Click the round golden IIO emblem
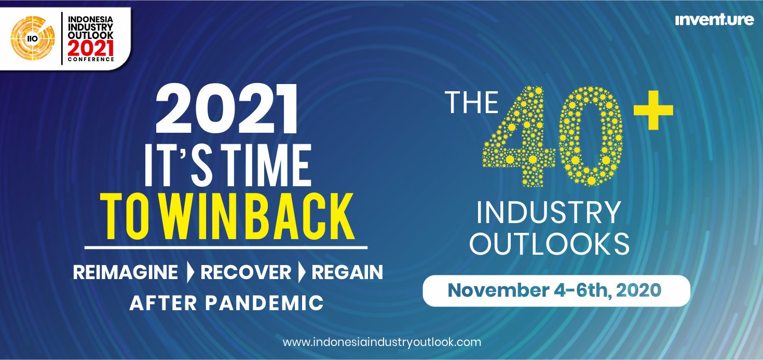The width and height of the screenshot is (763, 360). [x=33, y=38]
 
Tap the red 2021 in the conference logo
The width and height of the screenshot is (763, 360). [x=91, y=49]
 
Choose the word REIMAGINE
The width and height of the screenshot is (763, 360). [x=126, y=272]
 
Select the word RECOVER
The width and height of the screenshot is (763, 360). [x=246, y=272]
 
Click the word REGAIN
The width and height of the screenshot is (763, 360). [x=347, y=272]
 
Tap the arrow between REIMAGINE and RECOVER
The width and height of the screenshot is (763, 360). [x=190, y=272]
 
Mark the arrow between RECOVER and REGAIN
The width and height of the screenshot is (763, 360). [x=302, y=272]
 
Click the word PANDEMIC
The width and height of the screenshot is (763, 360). [x=264, y=303]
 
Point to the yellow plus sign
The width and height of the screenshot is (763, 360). [x=653, y=110]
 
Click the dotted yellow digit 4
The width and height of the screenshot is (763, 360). [x=518, y=136]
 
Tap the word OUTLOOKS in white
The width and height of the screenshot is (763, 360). [x=549, y=244]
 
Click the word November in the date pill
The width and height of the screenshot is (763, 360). [x=498, y=290]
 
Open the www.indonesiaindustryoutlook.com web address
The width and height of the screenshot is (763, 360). [x=382, y=342]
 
